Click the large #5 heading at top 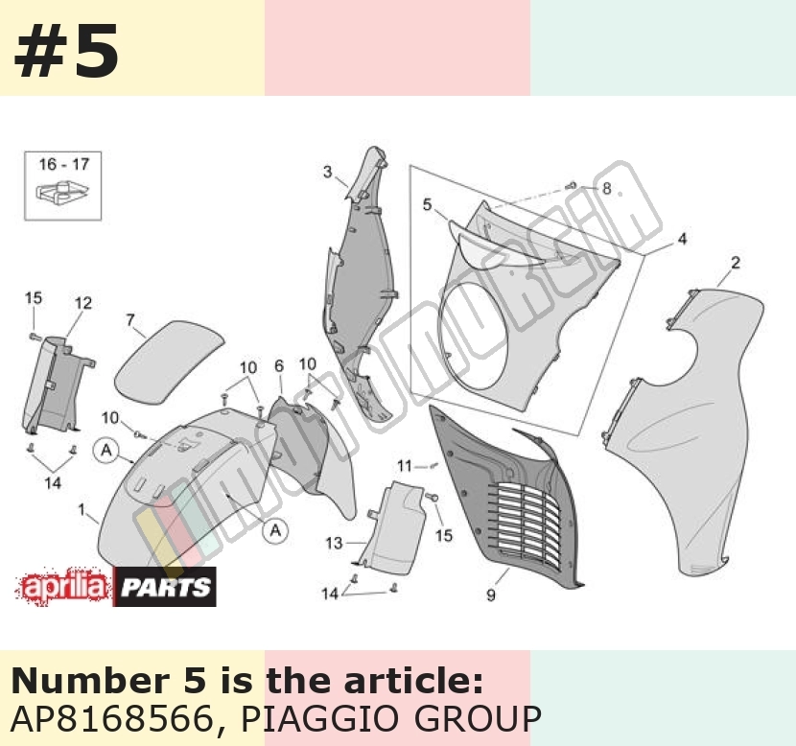point(66,51)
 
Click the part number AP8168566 point(111,718)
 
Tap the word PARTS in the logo point(166,587)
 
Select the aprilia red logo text point(64,587)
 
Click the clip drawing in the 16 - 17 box point(62,193)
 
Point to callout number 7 point(130,319)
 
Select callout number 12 point(83,303)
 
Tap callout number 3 point(327,172)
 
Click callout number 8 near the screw point(606,188)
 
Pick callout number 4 point(682,239)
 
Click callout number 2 point(735,263)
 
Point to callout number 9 point(490,594)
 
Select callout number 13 point(334,544)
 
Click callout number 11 point(404,465)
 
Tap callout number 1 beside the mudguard point(82,509)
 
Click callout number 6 point(279,366)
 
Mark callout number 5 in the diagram point(427,204)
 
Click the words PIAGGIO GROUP point(390,718)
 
